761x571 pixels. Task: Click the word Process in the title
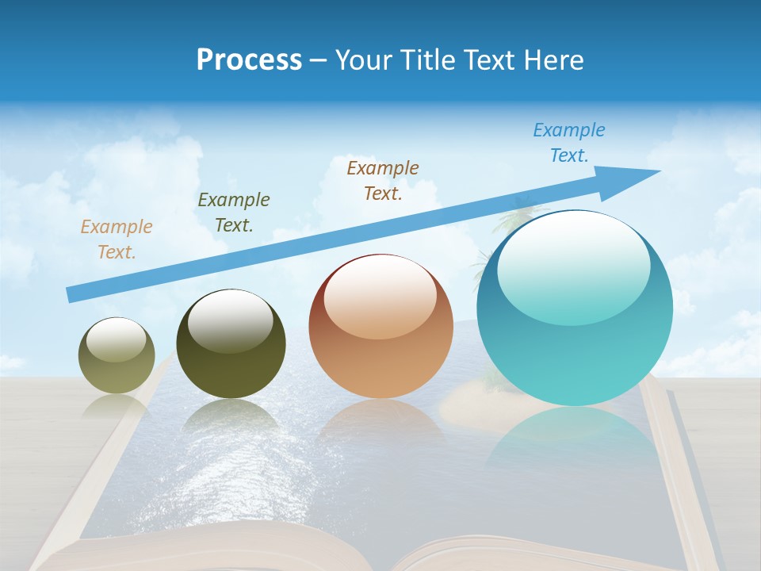249,60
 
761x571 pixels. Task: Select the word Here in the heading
553,60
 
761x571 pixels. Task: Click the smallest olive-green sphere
117,355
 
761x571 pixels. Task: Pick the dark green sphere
231,344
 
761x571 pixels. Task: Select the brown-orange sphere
381,326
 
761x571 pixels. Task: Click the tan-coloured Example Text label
117,240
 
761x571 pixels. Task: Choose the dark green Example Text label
234,213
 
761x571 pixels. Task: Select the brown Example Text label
383,180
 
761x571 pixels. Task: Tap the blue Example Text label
569,143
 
